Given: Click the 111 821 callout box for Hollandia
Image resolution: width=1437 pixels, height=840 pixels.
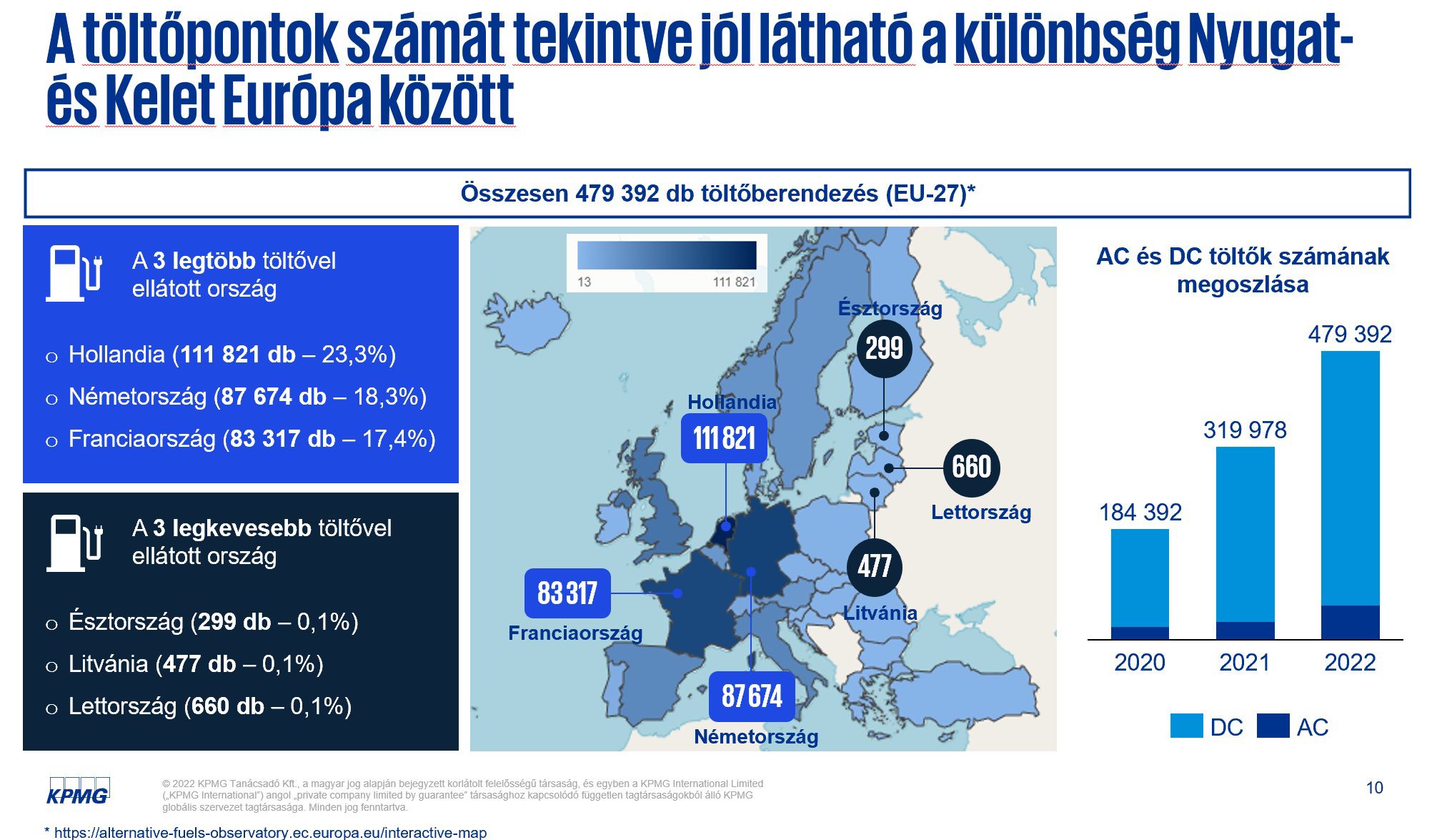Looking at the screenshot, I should (x=724, y=438).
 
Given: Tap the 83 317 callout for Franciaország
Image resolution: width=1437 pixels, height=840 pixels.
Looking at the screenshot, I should (x=567, y=593).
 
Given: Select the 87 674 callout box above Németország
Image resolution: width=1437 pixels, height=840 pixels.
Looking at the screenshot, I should (x=752, y=696).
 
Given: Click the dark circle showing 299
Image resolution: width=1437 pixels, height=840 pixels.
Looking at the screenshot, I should (x=884, y=349).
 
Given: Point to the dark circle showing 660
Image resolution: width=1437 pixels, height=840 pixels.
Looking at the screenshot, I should (x=971, y=468).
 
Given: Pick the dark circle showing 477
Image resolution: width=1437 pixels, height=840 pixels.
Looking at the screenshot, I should (x=874, y=567).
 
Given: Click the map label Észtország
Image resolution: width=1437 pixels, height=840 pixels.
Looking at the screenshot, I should (x=890, y=308).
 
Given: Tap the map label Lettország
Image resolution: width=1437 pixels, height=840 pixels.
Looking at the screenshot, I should (x=980, y=512).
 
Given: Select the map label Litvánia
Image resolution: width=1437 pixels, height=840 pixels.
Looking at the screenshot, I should (x=880, y=613).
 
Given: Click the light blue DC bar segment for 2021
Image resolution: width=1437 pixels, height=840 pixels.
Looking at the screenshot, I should (x=1245, y=533).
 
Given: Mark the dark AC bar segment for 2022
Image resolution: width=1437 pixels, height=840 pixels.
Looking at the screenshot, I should (x=1350, y=621).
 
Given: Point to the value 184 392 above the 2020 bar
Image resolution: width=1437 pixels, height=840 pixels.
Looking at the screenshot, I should (x=1140, y=512).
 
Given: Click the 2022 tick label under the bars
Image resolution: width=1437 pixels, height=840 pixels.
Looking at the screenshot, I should (x=1349, y=662).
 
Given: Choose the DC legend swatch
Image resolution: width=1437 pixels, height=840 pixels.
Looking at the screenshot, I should (x=1186, y=726).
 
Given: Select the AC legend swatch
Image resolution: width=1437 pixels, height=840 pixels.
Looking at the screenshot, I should (x=1273, y=726).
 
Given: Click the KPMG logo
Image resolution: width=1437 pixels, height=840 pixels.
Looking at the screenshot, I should (x=78, y=791).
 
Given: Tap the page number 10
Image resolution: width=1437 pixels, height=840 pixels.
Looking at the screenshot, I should (x=1374, y=788).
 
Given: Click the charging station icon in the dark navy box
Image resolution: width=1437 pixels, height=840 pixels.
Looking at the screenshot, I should (x=74, y=543).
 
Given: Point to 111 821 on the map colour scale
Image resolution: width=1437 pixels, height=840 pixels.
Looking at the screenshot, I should (x=734, y=282).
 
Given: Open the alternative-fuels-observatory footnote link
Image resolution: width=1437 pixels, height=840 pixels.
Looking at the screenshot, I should (x=270, y=832).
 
